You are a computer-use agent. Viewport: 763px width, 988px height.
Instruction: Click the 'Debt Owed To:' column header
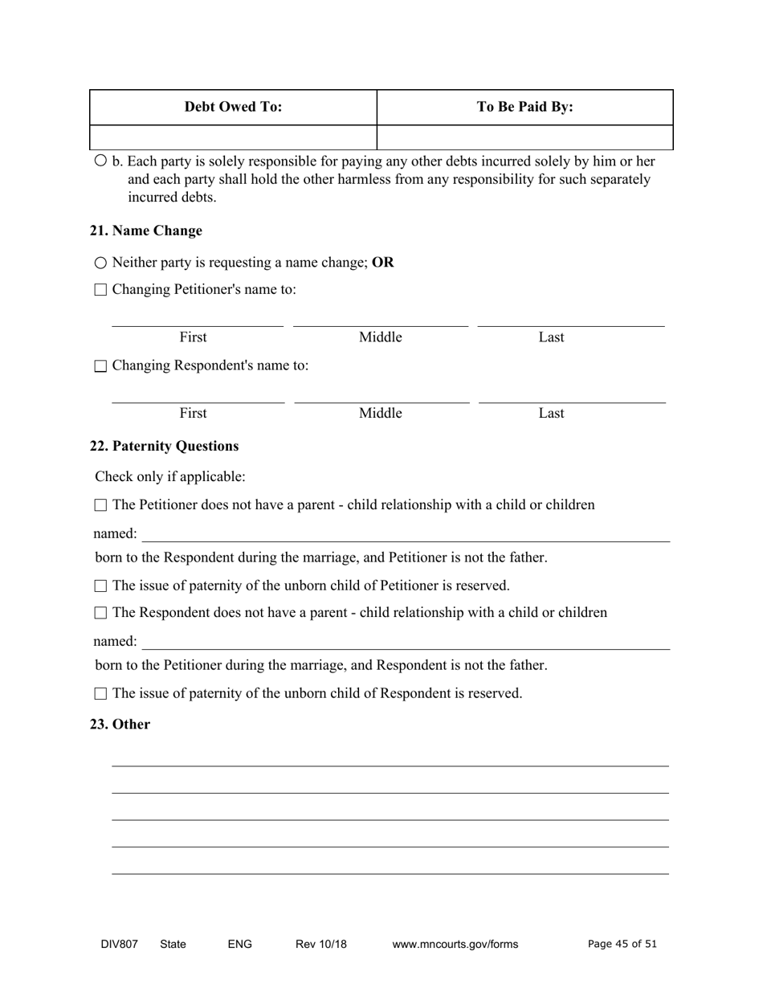(x=233, y=107)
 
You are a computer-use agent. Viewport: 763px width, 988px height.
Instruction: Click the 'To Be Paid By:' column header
(x=524, y=107)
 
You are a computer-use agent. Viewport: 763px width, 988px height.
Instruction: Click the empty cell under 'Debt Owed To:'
(x=233, y=137)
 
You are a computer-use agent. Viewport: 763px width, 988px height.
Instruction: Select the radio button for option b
(x=100, y=161)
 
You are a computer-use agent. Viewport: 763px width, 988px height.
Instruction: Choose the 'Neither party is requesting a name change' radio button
(x=100, y=263)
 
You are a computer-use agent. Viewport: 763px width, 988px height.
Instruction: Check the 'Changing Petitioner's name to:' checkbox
(x=100, y=290)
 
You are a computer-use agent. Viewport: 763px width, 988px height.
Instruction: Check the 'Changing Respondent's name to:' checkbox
(x=100, y=366)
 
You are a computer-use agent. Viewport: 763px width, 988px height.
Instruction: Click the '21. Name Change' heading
(x=146, y=231)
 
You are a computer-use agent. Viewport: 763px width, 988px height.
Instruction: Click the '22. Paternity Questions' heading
(x=164, y=446)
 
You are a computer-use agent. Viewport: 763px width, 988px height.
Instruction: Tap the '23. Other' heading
(x=120, y=724)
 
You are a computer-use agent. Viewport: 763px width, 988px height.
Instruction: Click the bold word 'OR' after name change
(x=383, y=263)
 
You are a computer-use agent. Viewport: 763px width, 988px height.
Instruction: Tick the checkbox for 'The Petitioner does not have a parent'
(x=100, y=505)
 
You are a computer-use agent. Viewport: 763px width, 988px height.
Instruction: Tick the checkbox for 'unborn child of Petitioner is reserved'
(x=100, y=586)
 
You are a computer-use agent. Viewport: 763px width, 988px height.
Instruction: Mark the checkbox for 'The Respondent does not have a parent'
(x=100, y=613)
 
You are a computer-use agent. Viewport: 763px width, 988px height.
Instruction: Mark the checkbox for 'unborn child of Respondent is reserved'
(x=100, y=693)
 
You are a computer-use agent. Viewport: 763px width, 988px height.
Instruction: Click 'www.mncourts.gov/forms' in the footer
(x=455, y=945)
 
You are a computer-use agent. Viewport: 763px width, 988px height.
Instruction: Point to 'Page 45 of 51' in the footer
(x=622, y=944)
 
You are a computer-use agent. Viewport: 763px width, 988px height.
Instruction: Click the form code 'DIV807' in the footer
(x=119, y=945)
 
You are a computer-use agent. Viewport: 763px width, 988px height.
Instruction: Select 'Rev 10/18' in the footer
(x=320, y=945)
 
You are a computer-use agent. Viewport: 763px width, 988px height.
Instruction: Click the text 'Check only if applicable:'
(x=170, y=476)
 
